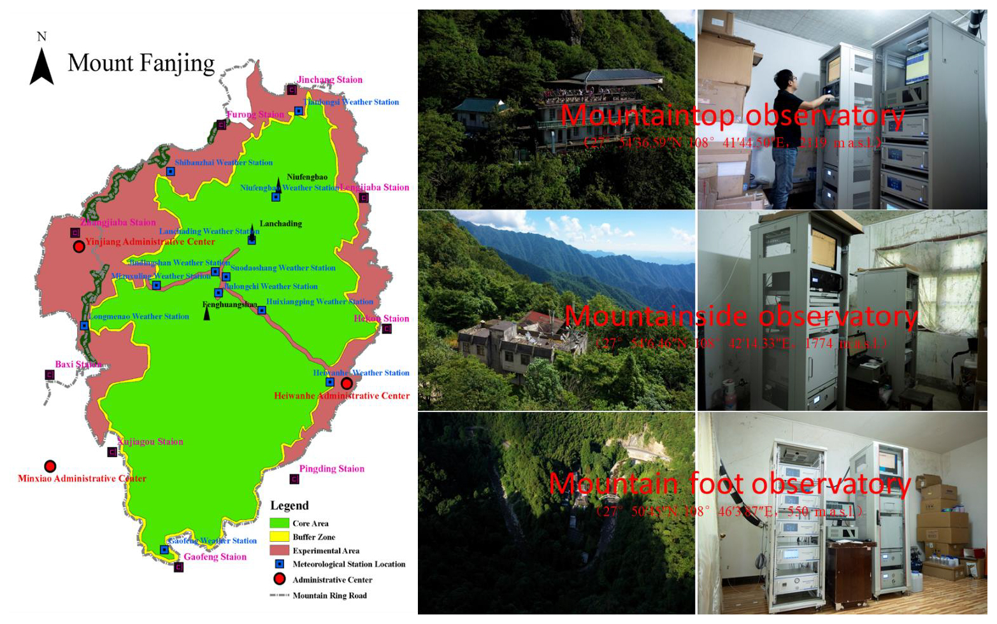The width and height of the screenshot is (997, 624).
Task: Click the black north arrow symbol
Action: (x=41, y=67)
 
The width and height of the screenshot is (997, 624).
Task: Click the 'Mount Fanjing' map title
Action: (x=141, y=63)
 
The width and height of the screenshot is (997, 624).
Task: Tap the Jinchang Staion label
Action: (x=329, y=80)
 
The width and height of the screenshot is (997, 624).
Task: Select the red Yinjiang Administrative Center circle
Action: (x=79, y=246)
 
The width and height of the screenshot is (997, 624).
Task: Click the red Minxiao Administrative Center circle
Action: (x=50, y=467)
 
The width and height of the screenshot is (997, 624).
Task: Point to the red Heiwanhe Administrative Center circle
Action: (x=347, y=383)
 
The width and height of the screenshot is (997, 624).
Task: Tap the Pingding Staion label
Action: (x=331, y=469)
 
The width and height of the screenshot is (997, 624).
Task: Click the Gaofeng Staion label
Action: (x=215, y=557)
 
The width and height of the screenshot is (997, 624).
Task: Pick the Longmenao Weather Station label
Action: (x=139, y=316)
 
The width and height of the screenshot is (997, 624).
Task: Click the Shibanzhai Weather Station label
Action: (x=224, y=162)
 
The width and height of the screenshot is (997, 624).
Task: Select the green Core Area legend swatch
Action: (x=279, y=523)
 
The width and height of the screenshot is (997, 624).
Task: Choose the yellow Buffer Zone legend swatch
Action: (x=279, y=537)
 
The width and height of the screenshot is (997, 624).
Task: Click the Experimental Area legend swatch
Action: (x=279, y=550)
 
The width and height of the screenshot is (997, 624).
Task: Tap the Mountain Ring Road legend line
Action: (x=279, y=595)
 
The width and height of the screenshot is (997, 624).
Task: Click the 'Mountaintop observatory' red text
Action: (x=733, y=116)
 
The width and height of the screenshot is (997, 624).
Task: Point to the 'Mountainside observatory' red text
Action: (x=740, y=316)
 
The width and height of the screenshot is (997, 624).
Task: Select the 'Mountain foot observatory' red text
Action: (x=729, y=484)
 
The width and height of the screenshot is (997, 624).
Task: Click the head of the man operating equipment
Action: (x=784, y=81)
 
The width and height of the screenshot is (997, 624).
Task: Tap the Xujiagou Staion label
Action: (x=150, y=441)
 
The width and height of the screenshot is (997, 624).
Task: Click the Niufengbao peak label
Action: (x=307, y=177)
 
